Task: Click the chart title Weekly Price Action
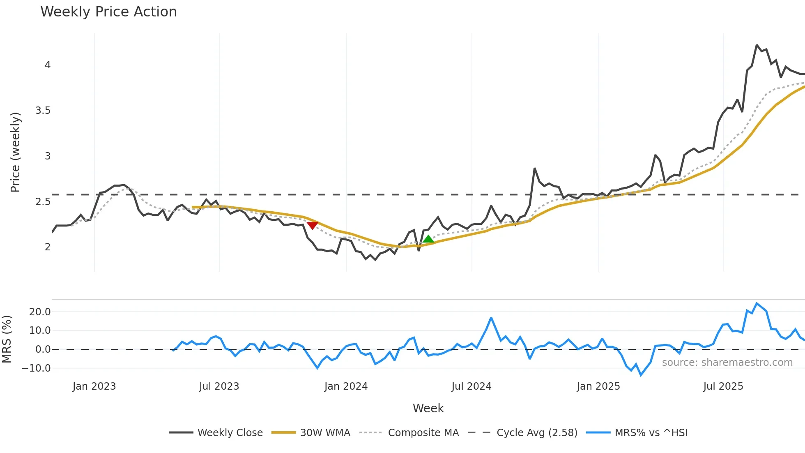coord(108,12)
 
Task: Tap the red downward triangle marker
coord(313,225)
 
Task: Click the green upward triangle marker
coord(428,239)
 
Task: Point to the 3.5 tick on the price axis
coord(43,111)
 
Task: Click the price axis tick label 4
coord(48,65)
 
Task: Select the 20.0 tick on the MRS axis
coord(40,312)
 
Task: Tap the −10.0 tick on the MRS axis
coord(37,368)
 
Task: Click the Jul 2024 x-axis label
coord(471,386)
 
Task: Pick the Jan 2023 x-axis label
coord(94,386)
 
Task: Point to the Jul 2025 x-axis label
coord(723,386)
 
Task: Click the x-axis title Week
coord(428,408)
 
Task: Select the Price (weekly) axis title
coord(15,152)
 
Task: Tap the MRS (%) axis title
coord(7,339)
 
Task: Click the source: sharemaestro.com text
coord(727,363)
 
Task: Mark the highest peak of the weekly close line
coord(757,45)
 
